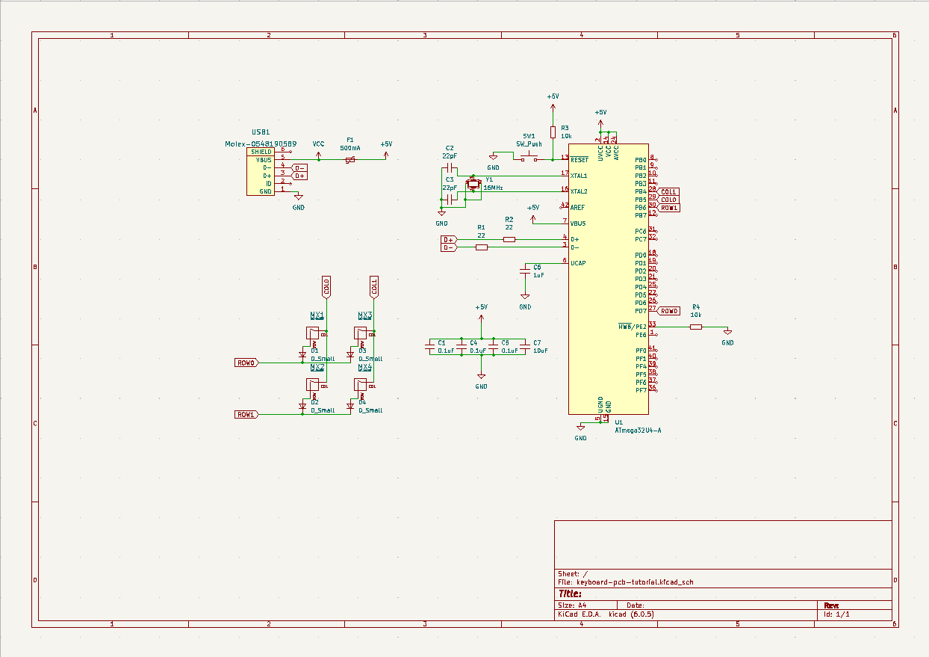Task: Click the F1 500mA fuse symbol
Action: pyautogui.click(x=349, y=159)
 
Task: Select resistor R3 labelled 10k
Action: pyautogui.click(x=553, y=132)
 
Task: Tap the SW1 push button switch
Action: pyautogui.click(x=529, y=158)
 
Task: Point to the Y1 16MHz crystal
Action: pyautogui.click(x=472, y=183)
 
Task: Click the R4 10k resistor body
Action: pyautogui.click(x=696, y=327)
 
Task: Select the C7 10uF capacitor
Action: pyautogui.click(x=526, y=347)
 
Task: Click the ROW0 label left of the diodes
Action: pyautogui.click(x=246, y=363)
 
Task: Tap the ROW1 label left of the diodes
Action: pyautogui.click(x=246, y=414)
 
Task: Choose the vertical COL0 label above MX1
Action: pyautogui.click(x=326, y=286)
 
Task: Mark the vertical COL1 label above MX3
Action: pyautogui.click(x=373, y=286)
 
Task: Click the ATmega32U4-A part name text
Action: pyautogui.click(x=638, y=431)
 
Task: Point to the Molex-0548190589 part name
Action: pyautogui.click(x=261, y=144)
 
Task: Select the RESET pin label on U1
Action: pyautogui.click(x=579, y=160)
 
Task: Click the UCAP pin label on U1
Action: pyautogui.click(x=578, y=263)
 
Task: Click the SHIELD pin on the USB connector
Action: pyautogui.click(x=261, y=152)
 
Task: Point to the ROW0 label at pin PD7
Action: pyautogui.click(x=669, y=311)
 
